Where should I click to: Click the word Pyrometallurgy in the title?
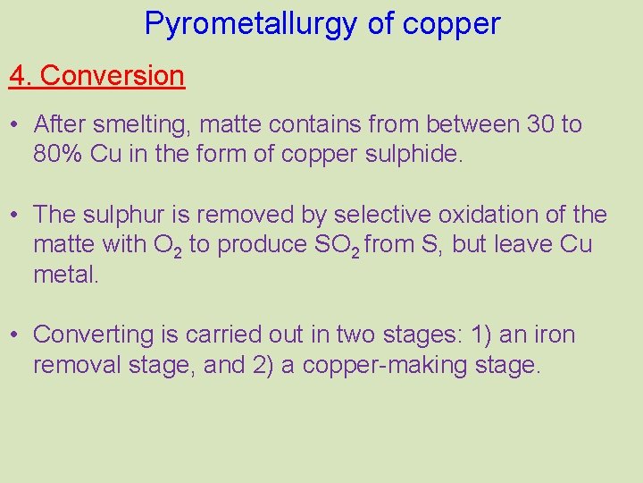click(251, 24)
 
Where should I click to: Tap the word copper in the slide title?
click(451, 24)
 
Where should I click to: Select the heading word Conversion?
click(113, 76)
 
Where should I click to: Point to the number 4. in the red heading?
click(21, 76)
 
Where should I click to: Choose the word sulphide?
click(414, 154)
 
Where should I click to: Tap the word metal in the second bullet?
click(65, 274)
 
